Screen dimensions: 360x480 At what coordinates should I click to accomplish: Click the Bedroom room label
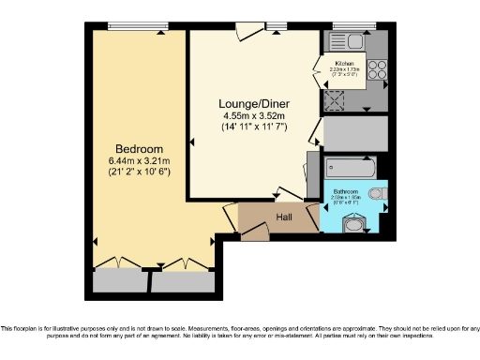(x=139, y=149)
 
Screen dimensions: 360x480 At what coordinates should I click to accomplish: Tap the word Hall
(x=284, y=217)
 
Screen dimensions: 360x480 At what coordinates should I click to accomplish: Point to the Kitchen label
(x=344, y=64)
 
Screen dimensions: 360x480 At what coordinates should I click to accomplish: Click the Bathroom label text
(x=344, y=190)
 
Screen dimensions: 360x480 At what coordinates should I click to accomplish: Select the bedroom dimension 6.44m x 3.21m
(x=139, y=160)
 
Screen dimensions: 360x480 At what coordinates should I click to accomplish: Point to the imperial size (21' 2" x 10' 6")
(x=139, y=172)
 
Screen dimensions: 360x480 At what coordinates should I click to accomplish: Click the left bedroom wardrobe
(x=122, y=280)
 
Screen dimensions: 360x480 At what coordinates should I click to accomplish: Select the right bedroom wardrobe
(x=181, y=280)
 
